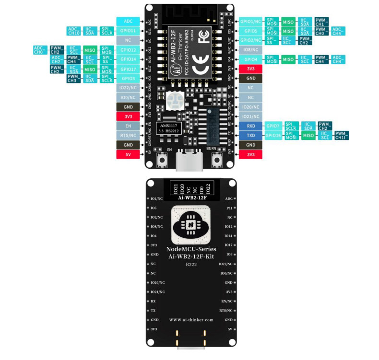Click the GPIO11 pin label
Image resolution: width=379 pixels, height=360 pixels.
(x=128, y=31)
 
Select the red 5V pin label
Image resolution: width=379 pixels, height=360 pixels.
(x=128, y=154)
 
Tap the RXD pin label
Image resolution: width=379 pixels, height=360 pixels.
(x=251, y=126)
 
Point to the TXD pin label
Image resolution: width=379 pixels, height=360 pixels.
(x=251, y=136)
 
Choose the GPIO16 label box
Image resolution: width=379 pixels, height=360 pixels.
(x=273, y=136)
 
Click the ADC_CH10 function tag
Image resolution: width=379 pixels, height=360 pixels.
(x=74, y=31)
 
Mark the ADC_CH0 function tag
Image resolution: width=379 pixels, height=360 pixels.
(x=40, y=50)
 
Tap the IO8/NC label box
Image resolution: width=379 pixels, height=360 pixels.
(x=251, y=49)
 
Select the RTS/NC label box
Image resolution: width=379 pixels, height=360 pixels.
(x=128, y=136)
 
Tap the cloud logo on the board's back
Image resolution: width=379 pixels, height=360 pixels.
(x=190, y=225)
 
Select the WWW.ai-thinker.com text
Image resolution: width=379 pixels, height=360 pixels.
(x=191, y=320)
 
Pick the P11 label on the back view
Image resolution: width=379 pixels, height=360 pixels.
(x=229, y=208)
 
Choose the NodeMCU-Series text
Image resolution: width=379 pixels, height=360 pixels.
(x=191, y=249)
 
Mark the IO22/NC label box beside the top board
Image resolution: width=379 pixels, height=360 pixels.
(x=128, y=88)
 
